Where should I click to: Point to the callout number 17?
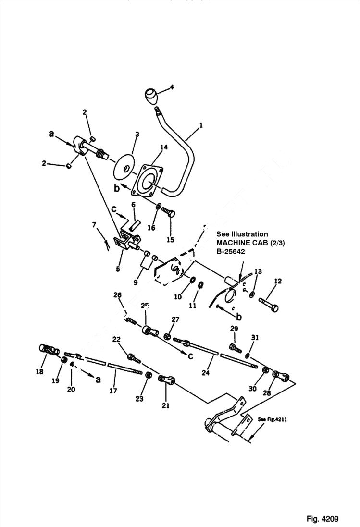pos(113,391)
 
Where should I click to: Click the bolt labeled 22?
pos(133,357)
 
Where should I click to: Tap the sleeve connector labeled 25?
pos(149,331)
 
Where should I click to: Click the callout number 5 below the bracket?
pos(118,269)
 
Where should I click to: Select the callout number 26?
pos(118,295)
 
